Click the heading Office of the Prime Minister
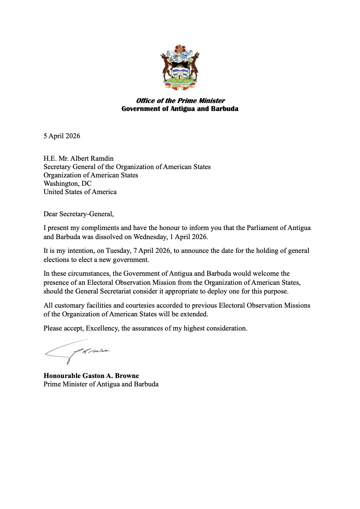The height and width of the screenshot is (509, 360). coord(180,100)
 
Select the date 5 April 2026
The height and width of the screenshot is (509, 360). coord(62,136)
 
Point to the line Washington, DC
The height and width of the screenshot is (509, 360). coord(67,184)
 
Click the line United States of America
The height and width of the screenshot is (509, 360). coord(80,192)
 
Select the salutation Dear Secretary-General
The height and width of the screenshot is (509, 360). coord(78,214)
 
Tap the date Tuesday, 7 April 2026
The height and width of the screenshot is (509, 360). coord(138,251)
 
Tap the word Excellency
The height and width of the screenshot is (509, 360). coord(102,328)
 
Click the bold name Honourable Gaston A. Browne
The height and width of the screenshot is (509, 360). coord(91,376)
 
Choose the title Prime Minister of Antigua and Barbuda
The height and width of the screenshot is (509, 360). coord(101,384)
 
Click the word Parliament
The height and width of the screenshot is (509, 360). coord(263,228)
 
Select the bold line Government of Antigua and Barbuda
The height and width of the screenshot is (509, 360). coord(180,109)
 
